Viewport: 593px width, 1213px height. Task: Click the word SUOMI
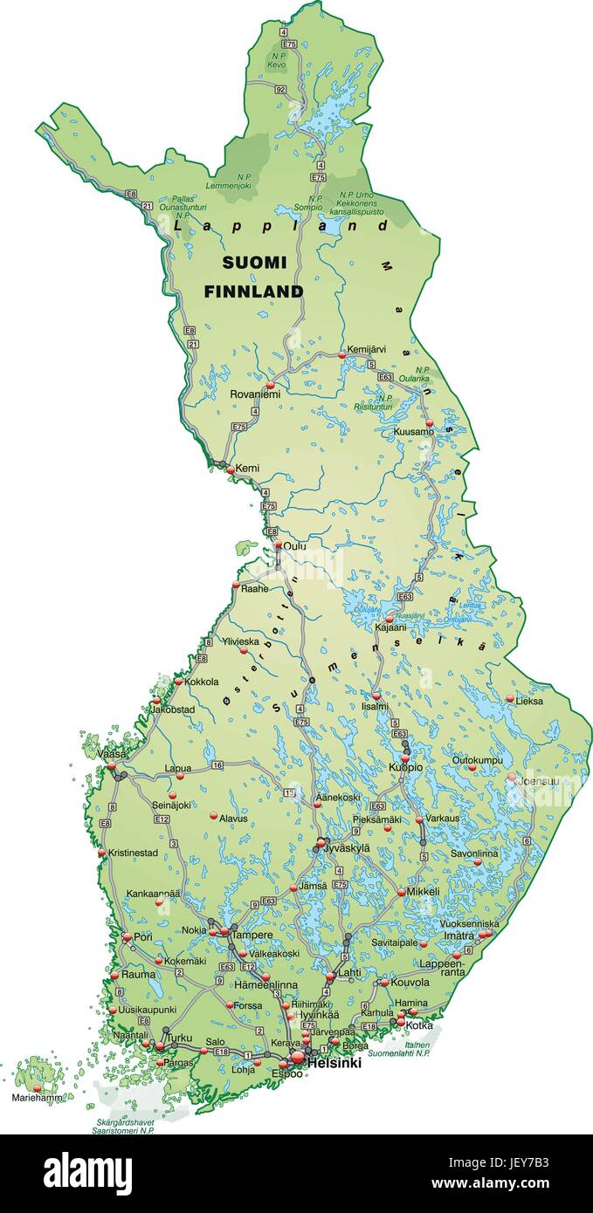point(253,262)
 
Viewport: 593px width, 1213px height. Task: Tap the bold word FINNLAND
point(253,291)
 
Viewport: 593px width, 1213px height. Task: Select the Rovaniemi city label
point(255,394)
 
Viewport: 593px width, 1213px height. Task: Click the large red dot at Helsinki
point(298,1057)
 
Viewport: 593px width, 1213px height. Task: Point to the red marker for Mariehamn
point(37,1088)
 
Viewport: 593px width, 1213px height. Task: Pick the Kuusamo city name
point(413,432)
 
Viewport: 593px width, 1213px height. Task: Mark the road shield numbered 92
point(279,89)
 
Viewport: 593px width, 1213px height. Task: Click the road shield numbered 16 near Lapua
point(217,765)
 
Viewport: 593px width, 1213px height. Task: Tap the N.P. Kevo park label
point(277,60)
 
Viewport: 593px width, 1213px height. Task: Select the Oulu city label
point(294,546)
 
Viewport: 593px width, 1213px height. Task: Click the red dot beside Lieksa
point(510,697)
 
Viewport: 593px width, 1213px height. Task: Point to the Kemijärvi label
point(367,349)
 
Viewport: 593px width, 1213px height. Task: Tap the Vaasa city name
point(111,754)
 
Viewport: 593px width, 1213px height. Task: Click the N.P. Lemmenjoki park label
point(228,182)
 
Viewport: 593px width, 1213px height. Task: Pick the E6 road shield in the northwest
point(131,194)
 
